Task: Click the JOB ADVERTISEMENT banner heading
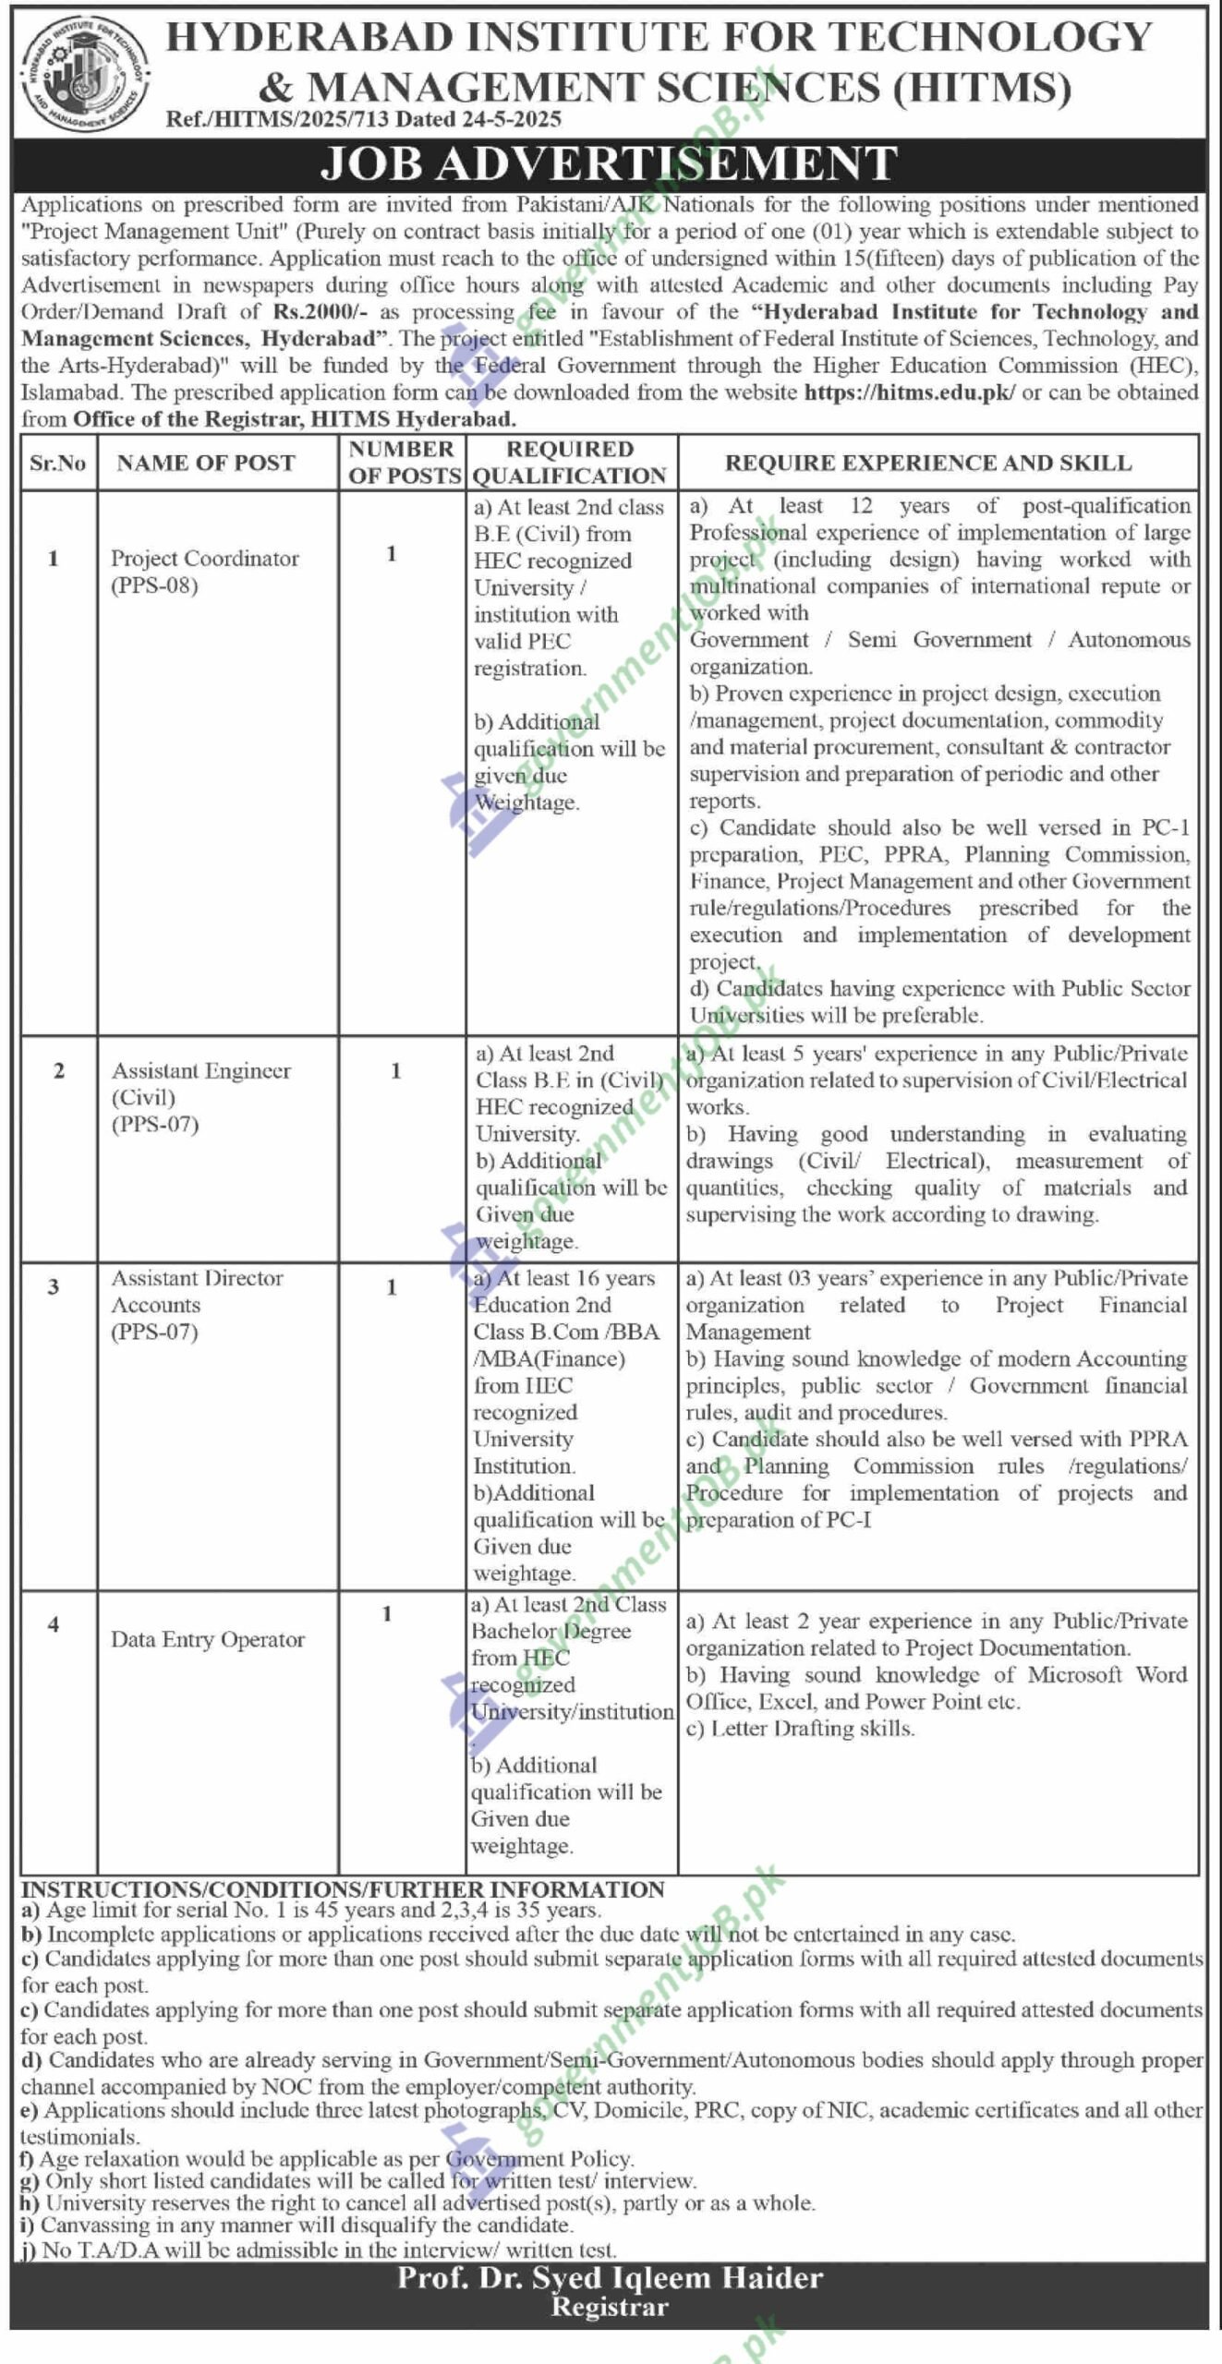coord(609,163)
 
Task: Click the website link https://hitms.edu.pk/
coord(910,392)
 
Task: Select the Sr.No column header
coord(57,464)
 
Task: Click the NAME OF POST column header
coord(206,464)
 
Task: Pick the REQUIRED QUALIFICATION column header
coord(569,463)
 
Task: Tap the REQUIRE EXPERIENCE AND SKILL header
coord(927,464)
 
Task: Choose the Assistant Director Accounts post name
coord(197,1291)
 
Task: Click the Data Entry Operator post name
coord(208,1639)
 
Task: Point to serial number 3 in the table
coord(54,1286)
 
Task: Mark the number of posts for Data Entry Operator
coord(387,1613)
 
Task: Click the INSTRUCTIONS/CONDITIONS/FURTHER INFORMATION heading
coord(343,1889)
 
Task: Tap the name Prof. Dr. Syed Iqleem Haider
coord(610,2278)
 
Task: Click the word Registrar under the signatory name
coord(609,2308)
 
